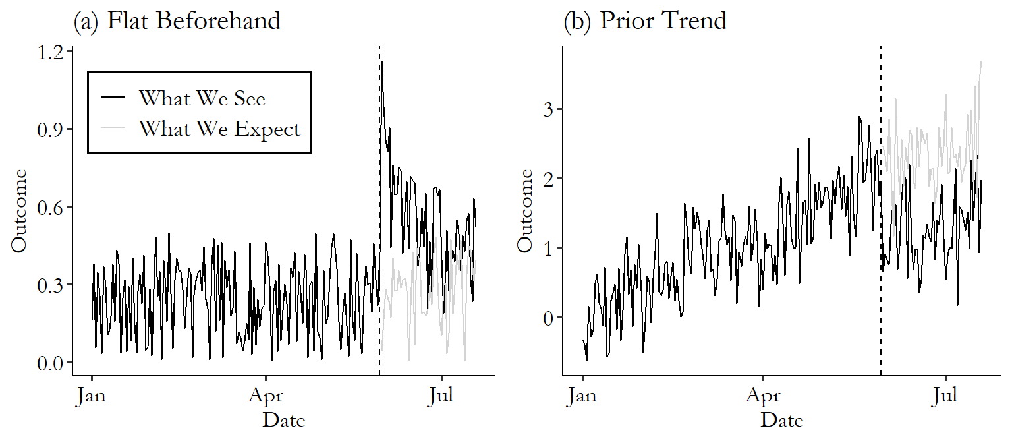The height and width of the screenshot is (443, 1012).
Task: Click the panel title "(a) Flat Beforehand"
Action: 177,20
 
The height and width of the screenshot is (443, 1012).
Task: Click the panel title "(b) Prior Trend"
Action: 645,20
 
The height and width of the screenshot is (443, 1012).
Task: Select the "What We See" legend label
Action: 202,98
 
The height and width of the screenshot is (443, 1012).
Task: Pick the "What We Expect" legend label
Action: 219,129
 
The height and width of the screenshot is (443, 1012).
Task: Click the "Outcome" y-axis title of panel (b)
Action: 524,211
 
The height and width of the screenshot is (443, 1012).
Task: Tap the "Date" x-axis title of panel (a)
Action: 284,420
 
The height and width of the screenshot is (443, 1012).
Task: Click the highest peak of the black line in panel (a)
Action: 381,61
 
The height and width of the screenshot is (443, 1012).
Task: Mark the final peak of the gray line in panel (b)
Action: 982,61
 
